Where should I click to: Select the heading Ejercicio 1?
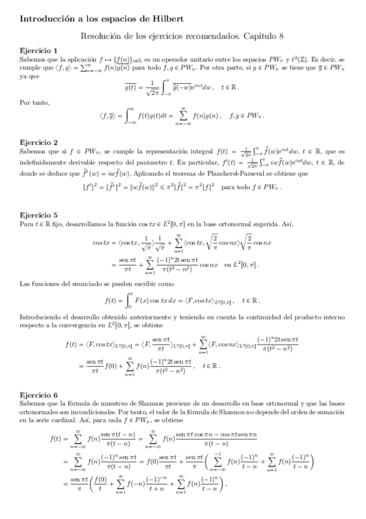point(38,50)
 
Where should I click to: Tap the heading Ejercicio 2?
point(38,141)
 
